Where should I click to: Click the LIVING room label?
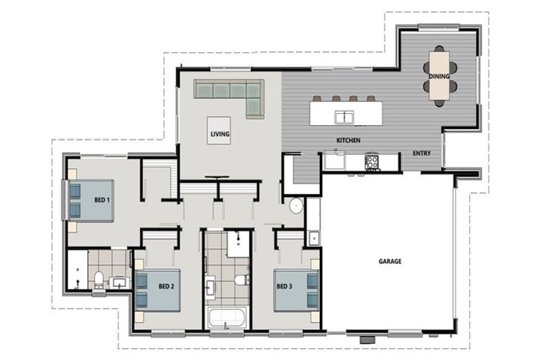[x=220, y=134]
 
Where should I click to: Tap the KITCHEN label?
[x=349, y=140]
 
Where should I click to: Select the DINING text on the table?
[x=439, y=76]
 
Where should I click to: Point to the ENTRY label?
[x=422, y=153]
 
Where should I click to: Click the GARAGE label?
[x=390, y=262]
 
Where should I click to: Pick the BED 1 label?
[x=102, y=200]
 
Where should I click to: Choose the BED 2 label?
[x=167, y=286]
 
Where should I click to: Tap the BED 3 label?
[x=285, y=286]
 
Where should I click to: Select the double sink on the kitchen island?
[x=345, y=117]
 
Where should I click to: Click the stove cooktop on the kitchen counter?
[x=371, y=161]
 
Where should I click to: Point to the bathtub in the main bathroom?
[x=227, y=318]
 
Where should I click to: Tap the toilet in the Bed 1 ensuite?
[x=99, y=279]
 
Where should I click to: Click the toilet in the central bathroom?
[x=242, y=279]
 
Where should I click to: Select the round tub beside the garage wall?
[x=296, y=206]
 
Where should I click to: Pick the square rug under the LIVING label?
[x=219, y=131]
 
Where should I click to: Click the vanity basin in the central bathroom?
[x=210, y=287]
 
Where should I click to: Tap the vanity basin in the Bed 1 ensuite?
[x=120, y=283]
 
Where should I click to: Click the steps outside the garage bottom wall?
[x=367, y=340]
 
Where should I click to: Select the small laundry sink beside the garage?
[x=314, y=238]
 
